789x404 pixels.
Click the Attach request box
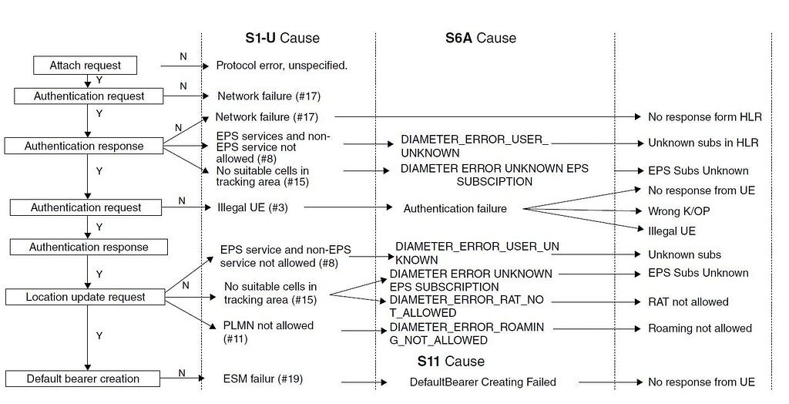[86, 66]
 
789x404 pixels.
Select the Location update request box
[85, 297]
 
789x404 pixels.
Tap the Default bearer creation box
[82, 379]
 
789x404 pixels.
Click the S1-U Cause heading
[277, 38]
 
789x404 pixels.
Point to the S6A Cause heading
[480, 38]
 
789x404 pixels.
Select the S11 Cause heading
[451, 361]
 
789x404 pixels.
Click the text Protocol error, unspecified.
[281, 66]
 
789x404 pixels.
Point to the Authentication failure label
[455, 208]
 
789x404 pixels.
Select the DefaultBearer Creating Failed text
[482, 382]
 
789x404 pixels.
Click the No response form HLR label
[704, 117]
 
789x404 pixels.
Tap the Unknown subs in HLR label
[703, 143]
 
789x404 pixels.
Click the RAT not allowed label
[688, 301]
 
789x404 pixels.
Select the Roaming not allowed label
[700, 328]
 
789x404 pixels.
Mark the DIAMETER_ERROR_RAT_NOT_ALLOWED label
[467, 306]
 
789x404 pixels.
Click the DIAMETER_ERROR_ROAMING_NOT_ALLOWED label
[467, 334]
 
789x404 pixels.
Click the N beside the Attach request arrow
[183, 56]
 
